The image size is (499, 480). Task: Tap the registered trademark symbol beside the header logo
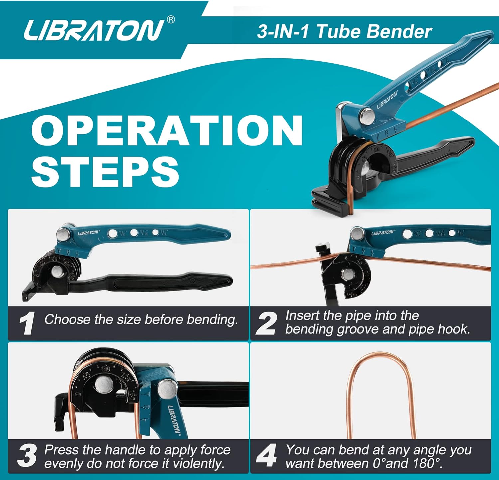pos(170,20)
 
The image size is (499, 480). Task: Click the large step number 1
pos(27,323)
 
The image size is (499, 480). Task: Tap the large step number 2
pos(266,323)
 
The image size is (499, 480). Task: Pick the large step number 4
pos(266,455)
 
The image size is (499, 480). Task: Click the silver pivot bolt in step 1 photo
pos(62,234)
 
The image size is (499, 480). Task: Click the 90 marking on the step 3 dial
pos(106,369)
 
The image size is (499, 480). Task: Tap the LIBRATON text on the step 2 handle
pos(383,233)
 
